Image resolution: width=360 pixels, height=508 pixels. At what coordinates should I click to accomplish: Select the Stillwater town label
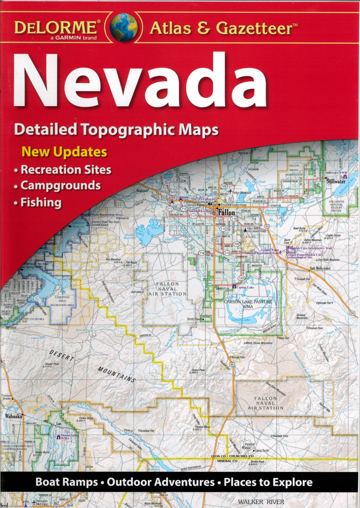336,181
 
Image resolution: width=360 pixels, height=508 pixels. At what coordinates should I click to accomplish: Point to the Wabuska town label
13,416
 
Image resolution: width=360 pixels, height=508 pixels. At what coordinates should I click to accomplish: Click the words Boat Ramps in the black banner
66,482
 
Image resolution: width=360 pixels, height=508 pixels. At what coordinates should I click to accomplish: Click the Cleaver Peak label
52,365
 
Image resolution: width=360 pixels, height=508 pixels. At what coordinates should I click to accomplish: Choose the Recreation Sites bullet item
66,169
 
